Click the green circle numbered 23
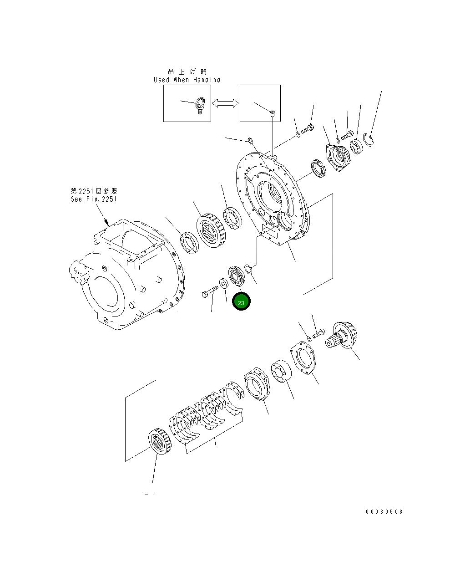[241, 302]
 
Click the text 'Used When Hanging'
[187, 80]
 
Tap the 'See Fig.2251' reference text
[93, 199]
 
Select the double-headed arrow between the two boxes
[225, 103]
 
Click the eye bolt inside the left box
[199, 105]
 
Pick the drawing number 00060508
[384, 511]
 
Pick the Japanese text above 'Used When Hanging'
[187, 71]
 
